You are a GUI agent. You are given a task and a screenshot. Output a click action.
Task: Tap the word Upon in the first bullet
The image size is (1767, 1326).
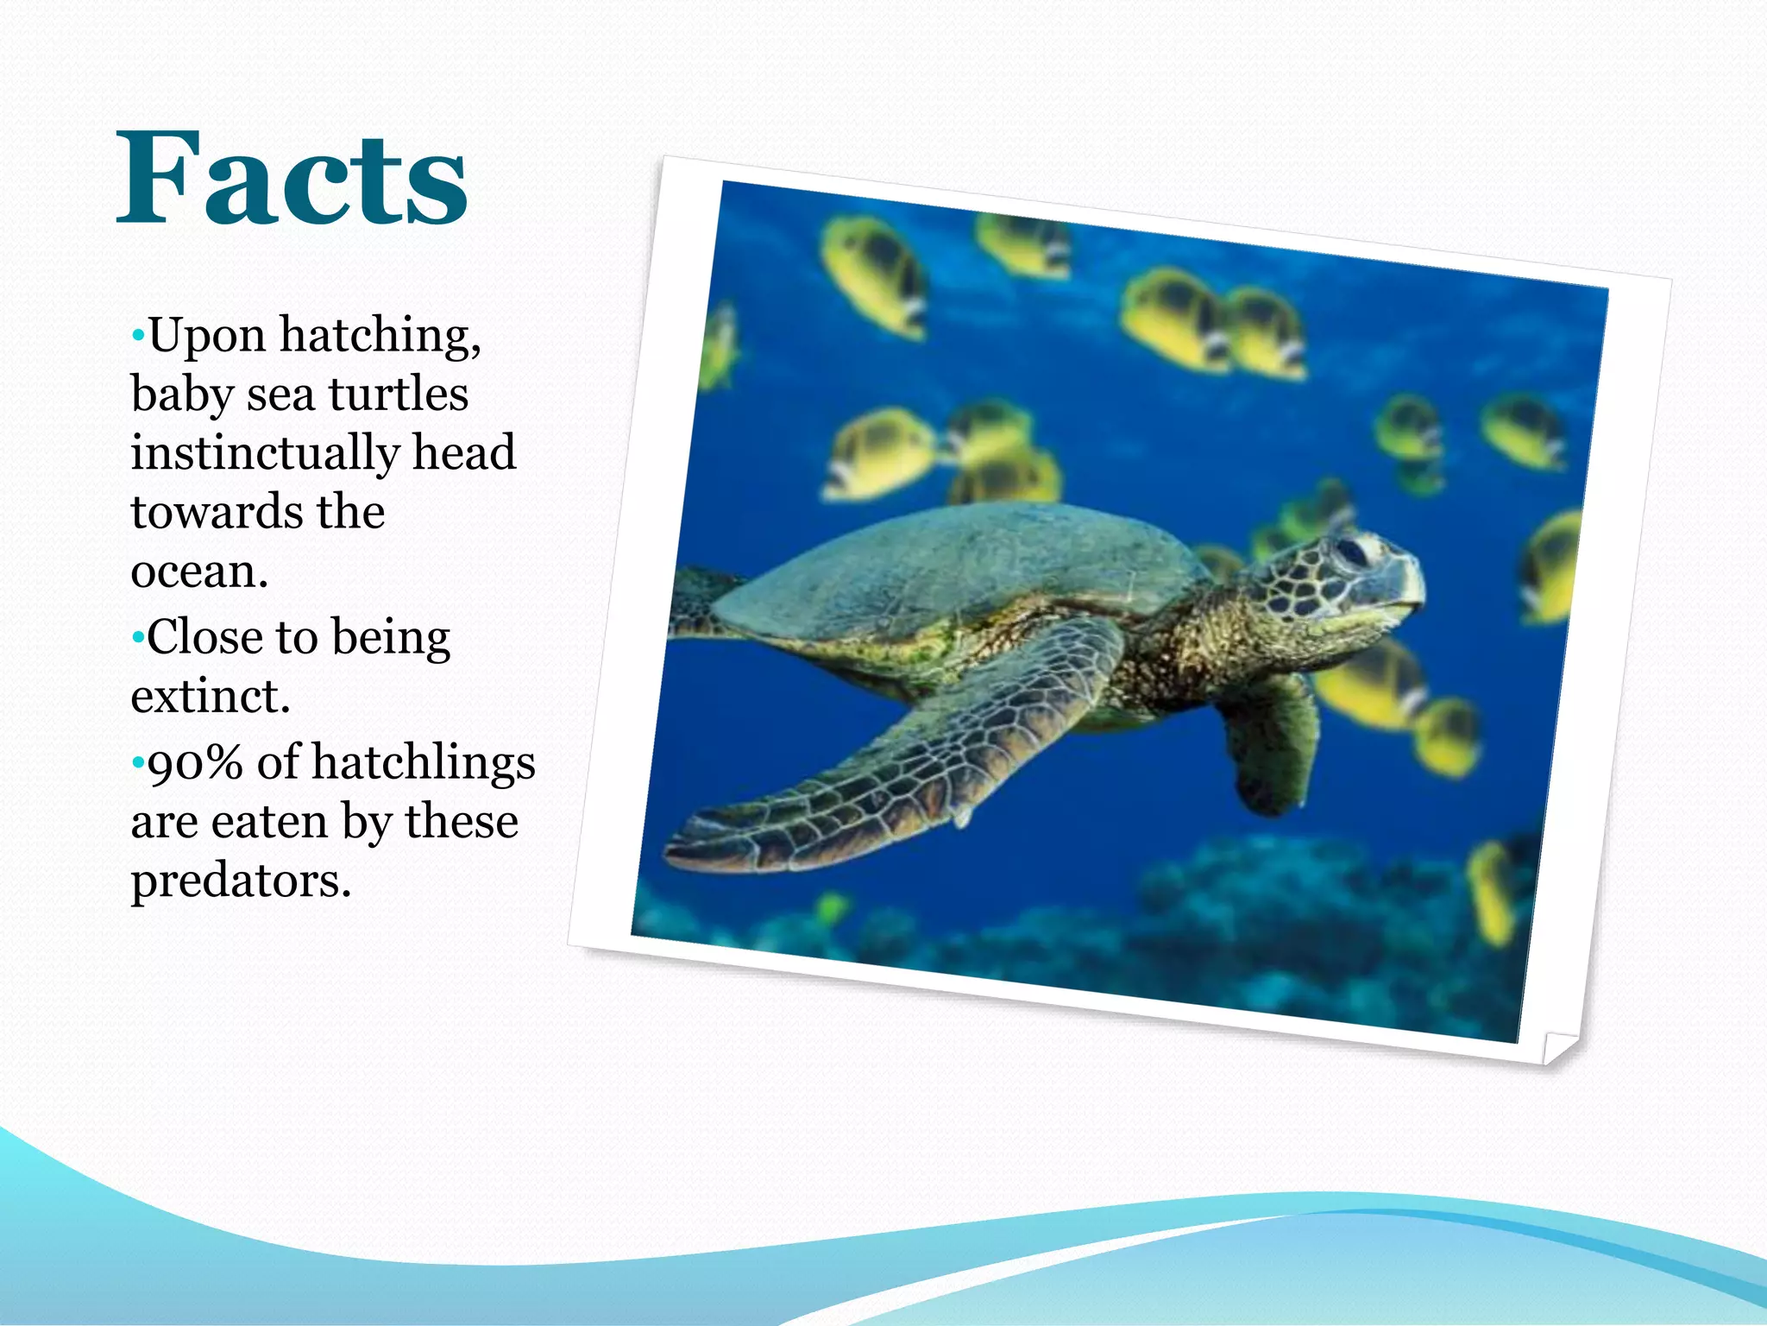206,335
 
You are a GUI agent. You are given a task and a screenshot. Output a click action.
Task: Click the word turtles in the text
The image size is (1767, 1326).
398,395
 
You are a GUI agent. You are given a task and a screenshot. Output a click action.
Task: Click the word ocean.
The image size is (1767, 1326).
199,571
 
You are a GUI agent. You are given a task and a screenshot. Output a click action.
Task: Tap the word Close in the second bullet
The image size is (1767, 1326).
204,637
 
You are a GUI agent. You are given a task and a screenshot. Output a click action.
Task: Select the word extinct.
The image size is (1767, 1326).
210,696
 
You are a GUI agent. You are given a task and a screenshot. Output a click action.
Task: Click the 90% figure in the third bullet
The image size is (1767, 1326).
195,763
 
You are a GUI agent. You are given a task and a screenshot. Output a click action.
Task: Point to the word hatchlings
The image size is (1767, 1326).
423,763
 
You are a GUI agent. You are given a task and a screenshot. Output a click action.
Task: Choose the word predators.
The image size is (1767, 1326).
241,881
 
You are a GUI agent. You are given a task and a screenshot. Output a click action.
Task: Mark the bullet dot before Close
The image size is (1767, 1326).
137,638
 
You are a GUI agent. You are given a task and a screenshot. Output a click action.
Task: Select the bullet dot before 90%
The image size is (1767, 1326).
137,763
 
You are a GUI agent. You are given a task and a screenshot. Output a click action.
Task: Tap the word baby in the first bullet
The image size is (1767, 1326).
181,395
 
